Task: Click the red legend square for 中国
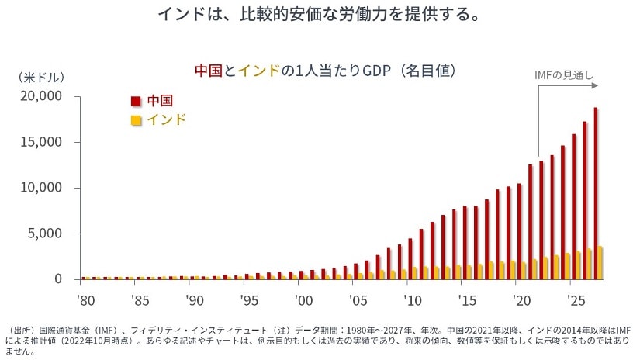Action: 136,102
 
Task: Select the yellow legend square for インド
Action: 136,120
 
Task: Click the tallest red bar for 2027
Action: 595,192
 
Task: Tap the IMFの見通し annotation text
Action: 564,76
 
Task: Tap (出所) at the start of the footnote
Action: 19,329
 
